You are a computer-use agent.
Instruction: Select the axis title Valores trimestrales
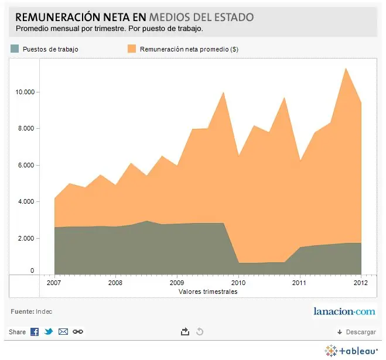pos(208,292)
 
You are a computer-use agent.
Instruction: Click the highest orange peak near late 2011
pos(346,68)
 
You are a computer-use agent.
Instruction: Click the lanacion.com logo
pos(344,311)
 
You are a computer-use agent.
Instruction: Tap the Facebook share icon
pos(35,332)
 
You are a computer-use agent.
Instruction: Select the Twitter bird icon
pos(49,332)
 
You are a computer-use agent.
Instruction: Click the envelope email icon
pos(63,332)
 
